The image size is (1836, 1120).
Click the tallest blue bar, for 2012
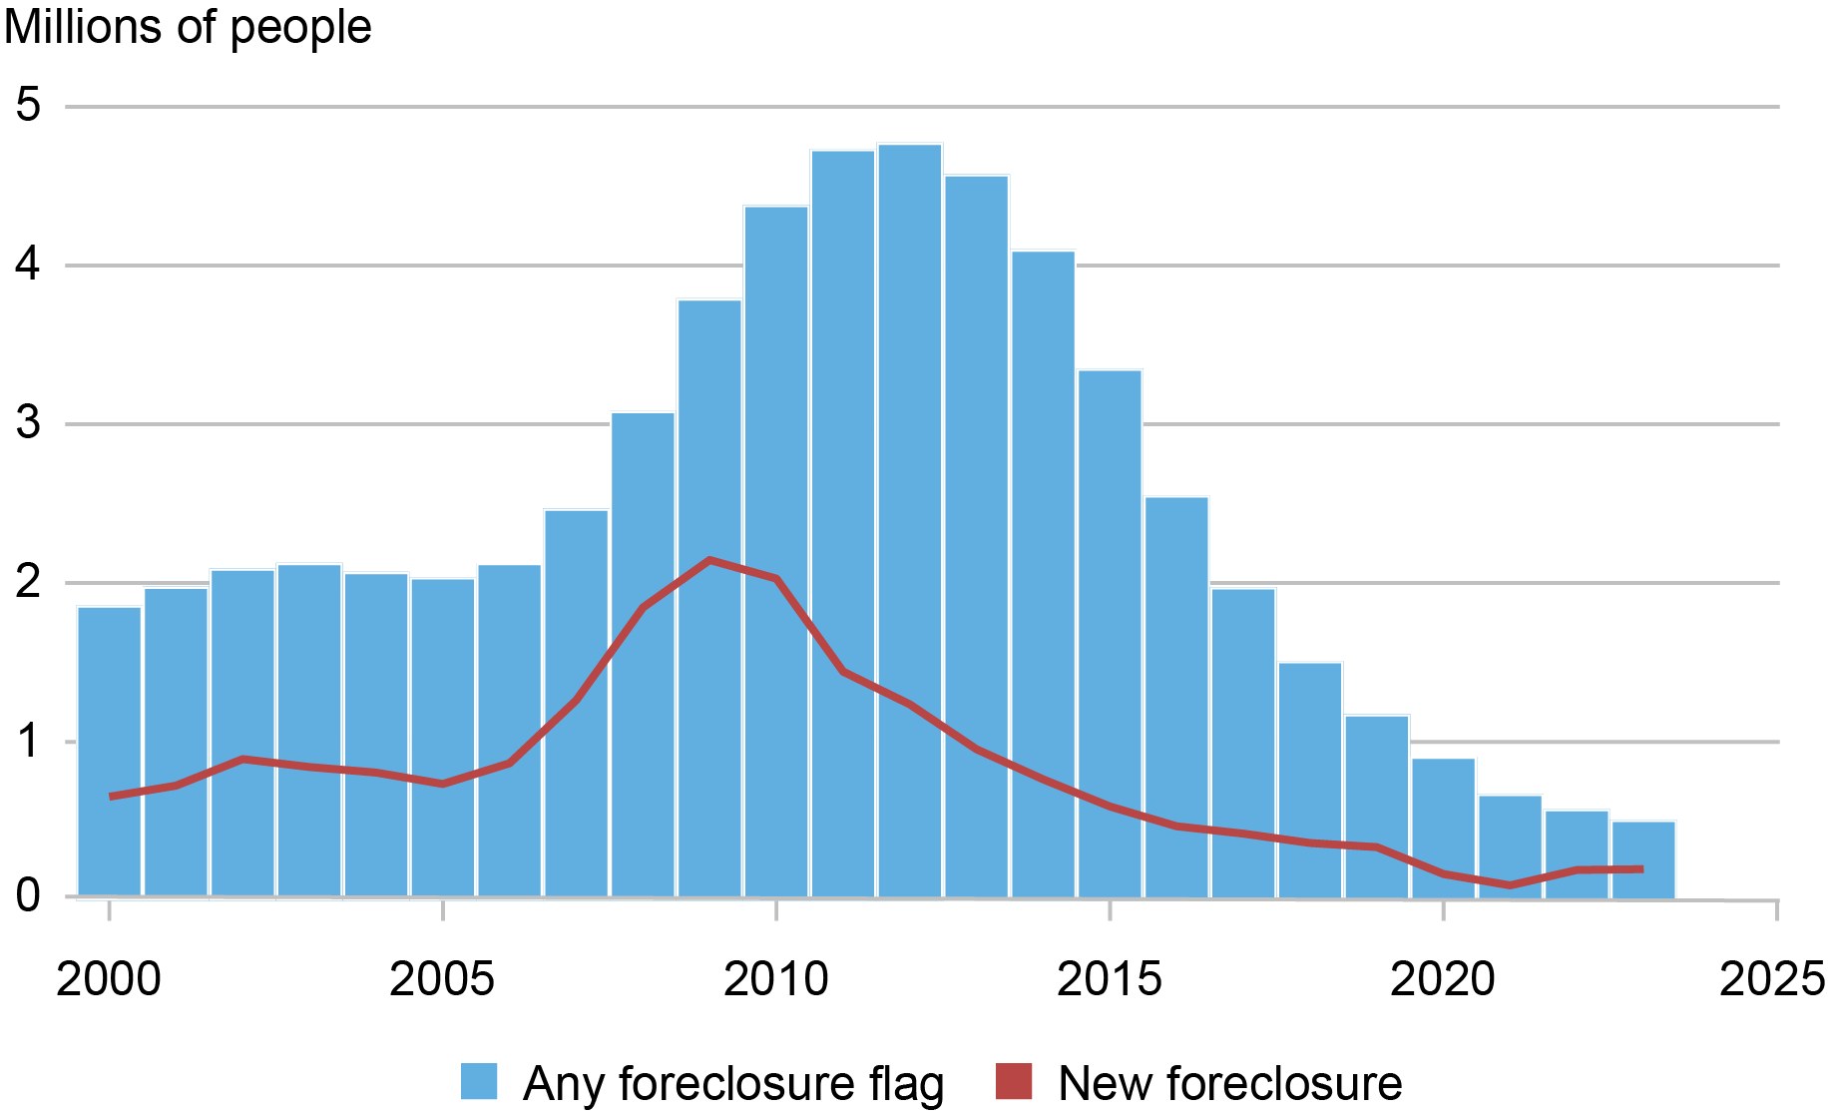click(x=909, y=519)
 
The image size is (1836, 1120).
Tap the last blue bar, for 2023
click(x=1642, y=858)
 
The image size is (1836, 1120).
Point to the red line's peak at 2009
click(x=709, y=560)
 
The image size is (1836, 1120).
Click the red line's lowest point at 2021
click(x=1510, y=885)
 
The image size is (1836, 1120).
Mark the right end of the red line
click(x=1641, y=869)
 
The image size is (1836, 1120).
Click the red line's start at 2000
click(x=110, y=797)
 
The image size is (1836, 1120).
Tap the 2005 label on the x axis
click(x=442, y=979)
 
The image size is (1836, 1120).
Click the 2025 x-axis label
click(x=1772, y=979)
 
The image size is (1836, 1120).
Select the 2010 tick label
click(x=775, y=979)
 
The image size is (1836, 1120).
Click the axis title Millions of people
click(x=188, y=27)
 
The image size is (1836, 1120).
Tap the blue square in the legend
click(x=479, y=1082)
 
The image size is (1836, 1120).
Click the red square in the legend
click(x=1014, y=1082)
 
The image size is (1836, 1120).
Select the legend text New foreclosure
click(x=1229, y=1084)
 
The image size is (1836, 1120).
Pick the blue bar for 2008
click(x=643, y=654)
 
